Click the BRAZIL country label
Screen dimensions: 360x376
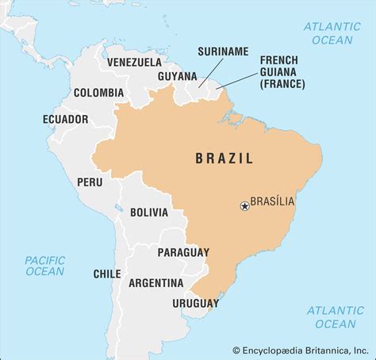[224, 159]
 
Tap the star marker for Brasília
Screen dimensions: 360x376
[244, 206]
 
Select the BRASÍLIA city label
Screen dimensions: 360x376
[273, 202]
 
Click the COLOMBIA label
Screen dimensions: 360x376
[98, 93]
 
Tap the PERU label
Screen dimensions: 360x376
[90, 181]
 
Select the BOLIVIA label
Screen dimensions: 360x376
[149, 213]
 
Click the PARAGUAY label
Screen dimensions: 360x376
[183, 252]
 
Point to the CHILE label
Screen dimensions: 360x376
[107, 274]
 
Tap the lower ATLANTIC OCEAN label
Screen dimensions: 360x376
[336, 316]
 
